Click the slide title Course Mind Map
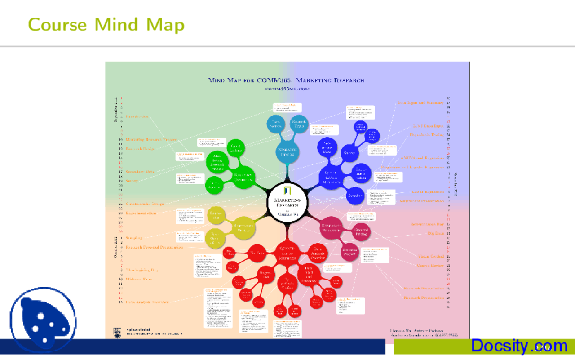(106, 24)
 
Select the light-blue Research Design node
(287, 152)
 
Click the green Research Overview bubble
(244, 177)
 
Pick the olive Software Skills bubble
(245, 227)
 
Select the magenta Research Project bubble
(349, 252)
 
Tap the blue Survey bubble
(349, 153)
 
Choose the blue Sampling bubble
(354, 196)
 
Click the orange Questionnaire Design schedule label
(145, 204)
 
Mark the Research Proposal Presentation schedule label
(154, 247)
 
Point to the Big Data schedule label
(435, 233)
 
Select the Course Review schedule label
(430, 265)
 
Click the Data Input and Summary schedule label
(420, 103)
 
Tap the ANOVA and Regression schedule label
(422, 158)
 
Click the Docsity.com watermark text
(519, 346)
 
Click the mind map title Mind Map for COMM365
(286, 80)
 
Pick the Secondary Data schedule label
(140, 171)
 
